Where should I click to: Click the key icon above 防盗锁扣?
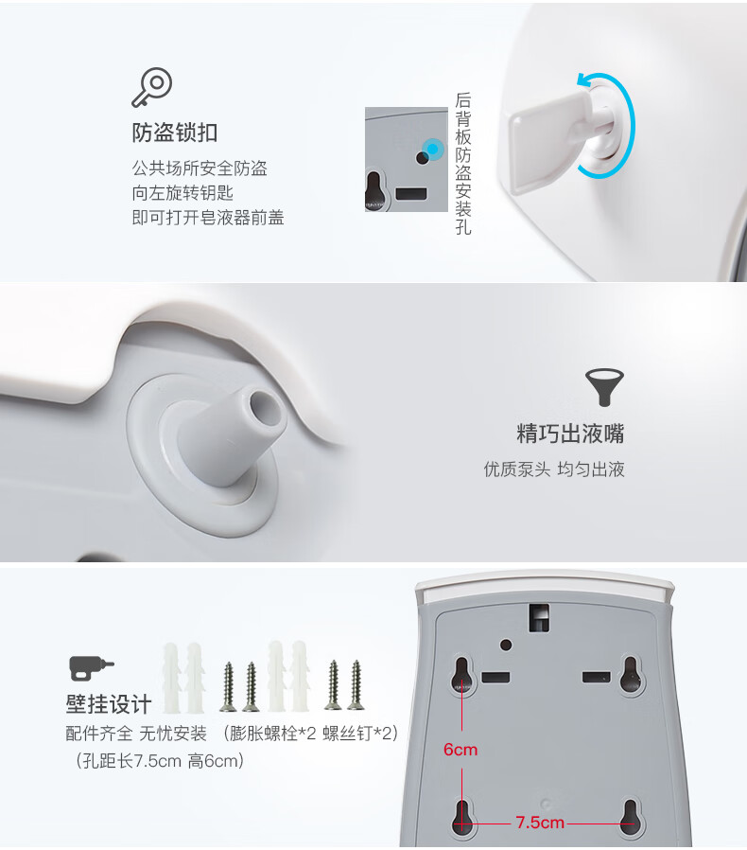pyautogui.click(x=152, y=87)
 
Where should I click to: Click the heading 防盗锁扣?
pyautogui.click(x=175, y=133)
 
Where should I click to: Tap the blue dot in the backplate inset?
pyautogui.click(x=432, y=149)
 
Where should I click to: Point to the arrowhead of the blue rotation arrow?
pyautogui.click(x=583, y=81)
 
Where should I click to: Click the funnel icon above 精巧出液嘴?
pyautogui.click(x=604, y=387)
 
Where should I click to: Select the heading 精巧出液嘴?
pyautogui.click(x=570, y=434)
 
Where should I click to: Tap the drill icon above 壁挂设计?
pyautogui.click(x=92, y=668)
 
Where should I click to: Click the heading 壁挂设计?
pyautogui.click(x=109, y=704)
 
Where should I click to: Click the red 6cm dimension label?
pyautogui.click(x=460, y=750)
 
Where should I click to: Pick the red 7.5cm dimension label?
pyautogui.click(x=540, y=823)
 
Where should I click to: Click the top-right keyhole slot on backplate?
pyautogui.click(x=631, y=674)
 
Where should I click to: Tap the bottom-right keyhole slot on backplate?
pyautogui.click(x=629, y=817)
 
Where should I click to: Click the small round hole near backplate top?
pyautogui.click(x=506, y=646)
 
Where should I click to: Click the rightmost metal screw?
pyautogui.click(x=356, y=684)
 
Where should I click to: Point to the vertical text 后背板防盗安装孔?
pyautogui.click(x=463, y=163)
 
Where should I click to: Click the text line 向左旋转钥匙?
pyautogui.click(x=182, y=193)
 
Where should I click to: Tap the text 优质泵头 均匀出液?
pyautogui.click(x=554, y=469)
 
